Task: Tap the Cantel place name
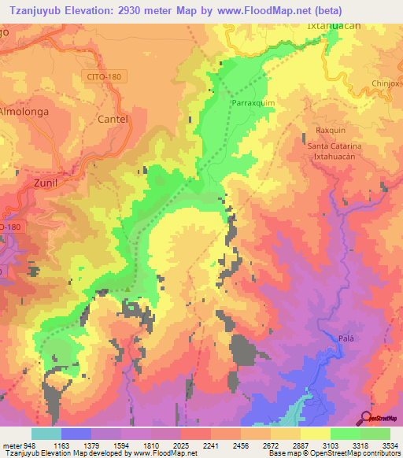(x=112, y=118)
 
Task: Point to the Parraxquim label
(x=253, y=103)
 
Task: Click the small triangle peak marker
(x=128, y=289)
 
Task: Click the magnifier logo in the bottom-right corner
(x=365, y=417)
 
